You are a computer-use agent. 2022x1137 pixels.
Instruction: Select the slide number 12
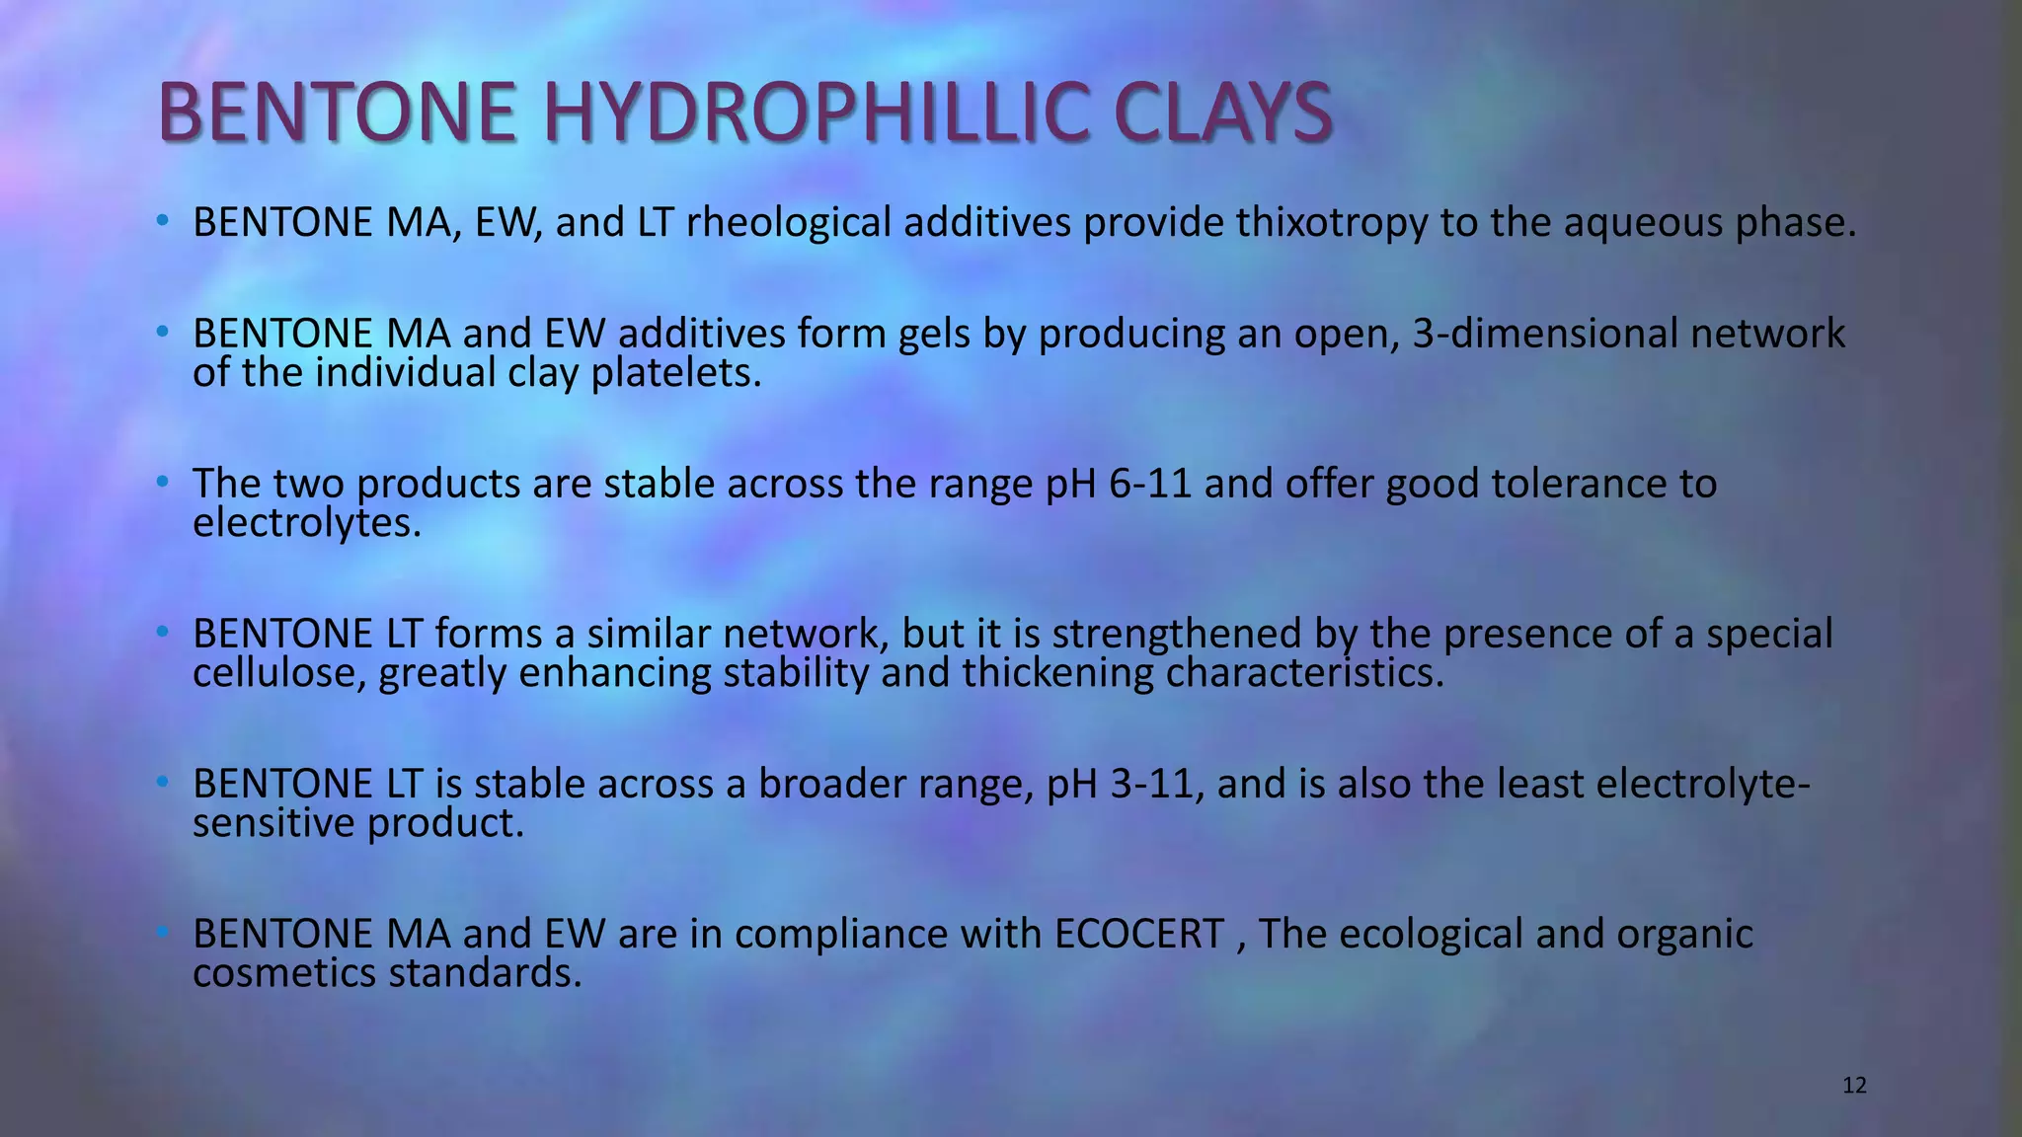click(x=1854, y=1086)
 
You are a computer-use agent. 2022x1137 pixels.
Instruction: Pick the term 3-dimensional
click(x=1544, y=334)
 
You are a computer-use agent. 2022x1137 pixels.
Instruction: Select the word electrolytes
click(x=306, y=523)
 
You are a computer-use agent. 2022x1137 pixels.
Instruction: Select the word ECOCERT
click(x=1138, y=934)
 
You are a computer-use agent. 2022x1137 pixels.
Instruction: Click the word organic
click(x=1684, y=934)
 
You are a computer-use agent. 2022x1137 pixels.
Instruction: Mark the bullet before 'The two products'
click(x=163, y=483)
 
